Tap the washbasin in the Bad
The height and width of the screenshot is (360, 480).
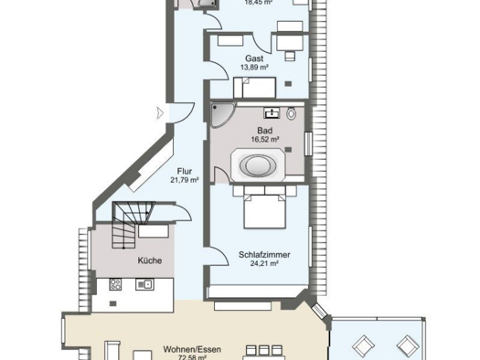coord(271,113)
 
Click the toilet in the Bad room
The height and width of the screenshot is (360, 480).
coord(291,114)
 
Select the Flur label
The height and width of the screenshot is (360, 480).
coord(183,170)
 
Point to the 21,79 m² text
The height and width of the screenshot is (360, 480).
coord(183,180)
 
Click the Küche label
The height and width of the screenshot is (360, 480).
coord(150,260)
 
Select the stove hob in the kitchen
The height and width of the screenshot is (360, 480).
coord(116,283)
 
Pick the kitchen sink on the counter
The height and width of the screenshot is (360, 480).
coord(144,283)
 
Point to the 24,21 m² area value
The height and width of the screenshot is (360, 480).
coord(257,262)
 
